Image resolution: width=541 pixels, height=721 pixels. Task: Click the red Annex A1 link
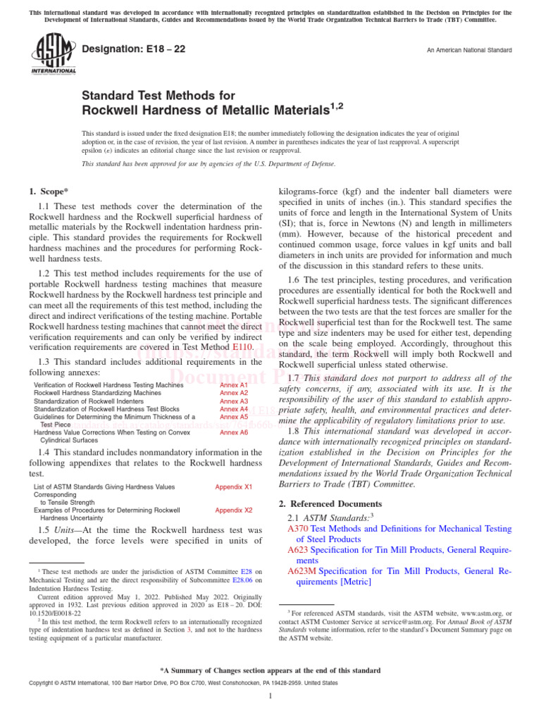[x=234, y=386]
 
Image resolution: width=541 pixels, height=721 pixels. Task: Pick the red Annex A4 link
[x=234, y=409]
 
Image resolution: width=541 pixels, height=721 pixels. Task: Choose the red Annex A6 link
[x=234, y=432]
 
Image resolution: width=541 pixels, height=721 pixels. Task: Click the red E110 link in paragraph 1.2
[x=243, y=347]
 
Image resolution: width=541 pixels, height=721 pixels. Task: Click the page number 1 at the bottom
[x=270, y=696]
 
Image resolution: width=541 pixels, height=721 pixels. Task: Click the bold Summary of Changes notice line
[x=270, y=670]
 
